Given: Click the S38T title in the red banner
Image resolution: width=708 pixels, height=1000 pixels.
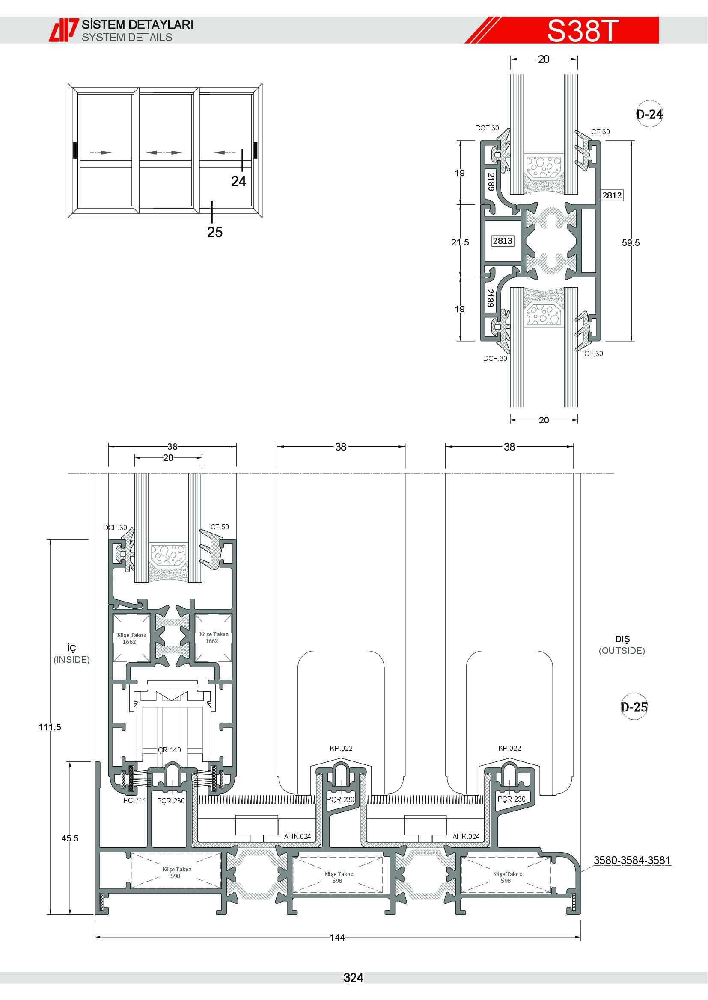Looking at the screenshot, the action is [583, 30].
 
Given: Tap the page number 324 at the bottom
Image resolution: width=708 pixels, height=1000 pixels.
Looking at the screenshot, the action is [353, 978].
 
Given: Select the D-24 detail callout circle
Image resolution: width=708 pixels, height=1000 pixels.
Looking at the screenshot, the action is [649, 114].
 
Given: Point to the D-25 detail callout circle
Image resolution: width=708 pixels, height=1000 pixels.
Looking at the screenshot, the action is [634, 706].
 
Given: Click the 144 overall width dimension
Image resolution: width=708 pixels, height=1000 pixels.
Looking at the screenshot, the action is [337, 937].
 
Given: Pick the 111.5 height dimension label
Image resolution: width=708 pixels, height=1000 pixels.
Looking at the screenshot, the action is [50, 727].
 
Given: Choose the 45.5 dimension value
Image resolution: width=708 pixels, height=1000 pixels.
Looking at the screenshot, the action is [70, 838].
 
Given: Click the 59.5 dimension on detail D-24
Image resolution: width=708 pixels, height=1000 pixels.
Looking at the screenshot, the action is [631, 242].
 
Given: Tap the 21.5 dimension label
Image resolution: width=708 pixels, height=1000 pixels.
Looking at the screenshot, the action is [460, 242].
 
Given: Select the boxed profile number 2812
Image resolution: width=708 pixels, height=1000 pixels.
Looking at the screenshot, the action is [612, 195].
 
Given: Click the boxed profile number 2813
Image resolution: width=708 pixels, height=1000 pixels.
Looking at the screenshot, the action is [503, 240].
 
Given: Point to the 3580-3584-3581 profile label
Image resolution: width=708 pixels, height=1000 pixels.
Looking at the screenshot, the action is [632, 860].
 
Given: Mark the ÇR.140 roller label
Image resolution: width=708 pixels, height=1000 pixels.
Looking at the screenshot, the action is [169, 749].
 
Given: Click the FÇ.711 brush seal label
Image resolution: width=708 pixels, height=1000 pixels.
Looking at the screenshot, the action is [135, 800].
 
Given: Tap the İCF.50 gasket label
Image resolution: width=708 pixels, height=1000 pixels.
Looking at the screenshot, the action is [218, 527].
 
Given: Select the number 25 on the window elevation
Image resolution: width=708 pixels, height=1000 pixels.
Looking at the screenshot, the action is [215, 232].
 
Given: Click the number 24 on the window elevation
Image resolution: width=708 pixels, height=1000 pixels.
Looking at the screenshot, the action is [238, 181].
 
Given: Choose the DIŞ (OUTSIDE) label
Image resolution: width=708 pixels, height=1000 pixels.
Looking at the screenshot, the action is [622, 645].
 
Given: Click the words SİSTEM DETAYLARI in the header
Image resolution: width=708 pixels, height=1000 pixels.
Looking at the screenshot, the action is [138, 24].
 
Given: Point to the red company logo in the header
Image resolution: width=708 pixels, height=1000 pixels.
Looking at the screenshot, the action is [64, 30].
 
